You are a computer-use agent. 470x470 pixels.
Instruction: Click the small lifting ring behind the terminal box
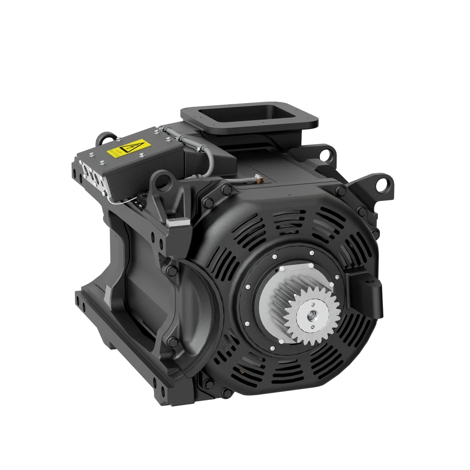point(105,138)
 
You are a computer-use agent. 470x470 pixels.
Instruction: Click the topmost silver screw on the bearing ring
point(311,253)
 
